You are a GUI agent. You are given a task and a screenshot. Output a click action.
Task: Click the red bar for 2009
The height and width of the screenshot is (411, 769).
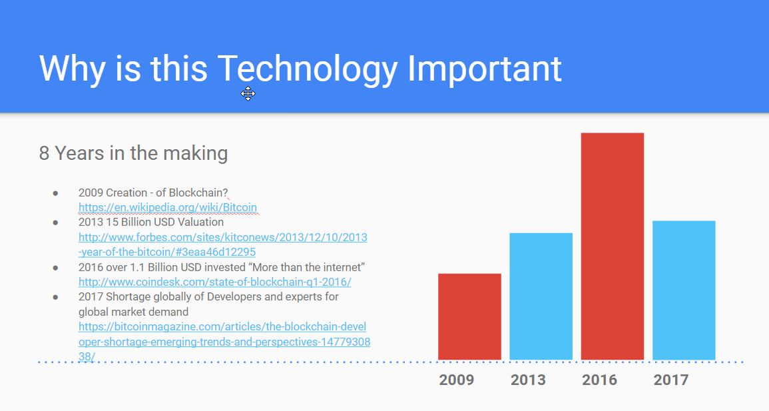pyautogui.click(x=469, y=317)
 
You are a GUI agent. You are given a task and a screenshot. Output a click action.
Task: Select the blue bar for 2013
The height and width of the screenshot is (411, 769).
pyautogui.click(x=541, y=296)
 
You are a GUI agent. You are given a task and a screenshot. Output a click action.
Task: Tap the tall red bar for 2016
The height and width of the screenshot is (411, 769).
pyautogui.click(x=613, y=246)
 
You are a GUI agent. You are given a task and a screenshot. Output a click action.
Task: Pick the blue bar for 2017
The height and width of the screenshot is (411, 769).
pyautogui.click(x=684, y=290)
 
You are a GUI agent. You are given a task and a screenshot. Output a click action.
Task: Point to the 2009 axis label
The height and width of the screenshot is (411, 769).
pyautogui.click(x=457, y=380)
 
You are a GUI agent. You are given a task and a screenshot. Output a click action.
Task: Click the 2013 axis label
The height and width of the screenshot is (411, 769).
pyautogui.click(x=528, y=380)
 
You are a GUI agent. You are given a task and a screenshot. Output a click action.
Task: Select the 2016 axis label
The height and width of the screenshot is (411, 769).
pyautogui.click(x=599, y=380)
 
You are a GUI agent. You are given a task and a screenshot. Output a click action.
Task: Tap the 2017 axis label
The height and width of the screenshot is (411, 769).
pyautogui.click(x=671, y=380)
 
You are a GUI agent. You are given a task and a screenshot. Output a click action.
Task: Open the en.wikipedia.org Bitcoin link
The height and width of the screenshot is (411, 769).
pyautogui.click(x=168, y=207)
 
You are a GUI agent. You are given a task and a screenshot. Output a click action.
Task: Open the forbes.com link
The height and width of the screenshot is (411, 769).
pyautogui.click(x=222, y=244)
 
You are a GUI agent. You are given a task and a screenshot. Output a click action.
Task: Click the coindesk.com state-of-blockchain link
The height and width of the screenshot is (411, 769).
pyautogui.click(x=215, y=282)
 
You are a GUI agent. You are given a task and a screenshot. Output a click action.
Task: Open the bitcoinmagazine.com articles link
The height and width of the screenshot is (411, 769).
pyautogui.click(x=224, y=341)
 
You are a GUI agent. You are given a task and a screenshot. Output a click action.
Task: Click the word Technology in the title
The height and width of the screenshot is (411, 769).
pyautogui.click(x=307, y=70)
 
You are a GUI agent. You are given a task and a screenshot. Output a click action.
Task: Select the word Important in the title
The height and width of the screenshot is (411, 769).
pyautogui.click(x=485, y=69)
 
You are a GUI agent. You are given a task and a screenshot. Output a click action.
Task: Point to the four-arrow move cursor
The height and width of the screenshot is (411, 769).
pyautogui.click(x=248, y=94)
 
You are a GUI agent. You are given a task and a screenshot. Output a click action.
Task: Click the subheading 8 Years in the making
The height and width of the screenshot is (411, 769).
pyautogui.click(x=133, y=153)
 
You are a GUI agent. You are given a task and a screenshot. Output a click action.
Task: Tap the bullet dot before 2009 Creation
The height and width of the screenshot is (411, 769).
pyautogui.click(x=55, y=193)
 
